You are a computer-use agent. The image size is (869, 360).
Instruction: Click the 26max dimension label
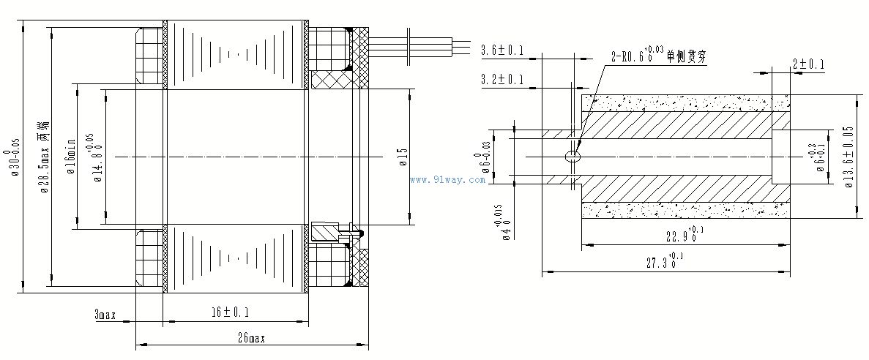[x=250, y=338]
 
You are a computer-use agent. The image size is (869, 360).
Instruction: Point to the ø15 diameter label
[x=403, y=157]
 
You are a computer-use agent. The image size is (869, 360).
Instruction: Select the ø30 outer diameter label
[x=14, y=157]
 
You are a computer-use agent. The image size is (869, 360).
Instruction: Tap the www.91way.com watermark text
[x=447, y=180]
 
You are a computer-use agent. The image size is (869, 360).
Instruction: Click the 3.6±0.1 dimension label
[x=502, y=50]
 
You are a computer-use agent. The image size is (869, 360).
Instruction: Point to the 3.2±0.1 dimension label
[x=502, y=79]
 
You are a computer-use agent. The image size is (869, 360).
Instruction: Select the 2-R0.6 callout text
[x=636, y=53]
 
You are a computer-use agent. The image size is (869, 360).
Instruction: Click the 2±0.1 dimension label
[x=808, y=65]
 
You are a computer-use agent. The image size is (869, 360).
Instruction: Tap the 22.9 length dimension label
[x=682, y=235]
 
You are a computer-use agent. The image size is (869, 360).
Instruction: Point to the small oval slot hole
[x=573, y=155]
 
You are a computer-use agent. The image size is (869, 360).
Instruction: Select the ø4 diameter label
[x=502, y=222]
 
